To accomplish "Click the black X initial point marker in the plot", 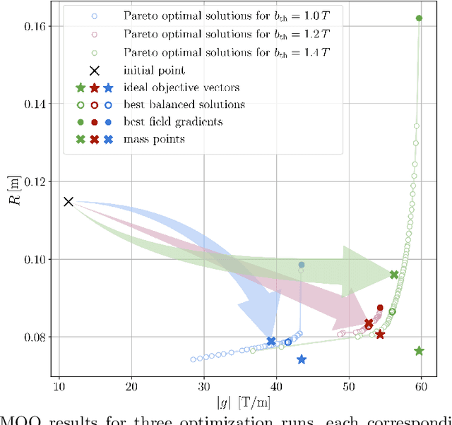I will [x=69, y=202].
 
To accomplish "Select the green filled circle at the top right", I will [x=420, y=18].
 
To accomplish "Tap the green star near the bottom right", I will [x=419, y=351].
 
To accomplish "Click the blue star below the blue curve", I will [x=302, y=359].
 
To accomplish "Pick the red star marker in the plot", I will [x=380, y=335].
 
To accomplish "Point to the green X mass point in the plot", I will [x=394, y=275].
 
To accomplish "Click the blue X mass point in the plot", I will [x=271, y=341].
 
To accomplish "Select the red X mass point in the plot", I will [x=369, y=323].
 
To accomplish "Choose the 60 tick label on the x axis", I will [x=422, y=386].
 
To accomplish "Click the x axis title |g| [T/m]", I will [x=239, y=405].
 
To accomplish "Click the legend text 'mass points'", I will [x=154, y=139].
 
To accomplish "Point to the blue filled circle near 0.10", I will [x=302, y=265].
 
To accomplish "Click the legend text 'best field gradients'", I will [x=173, y=121].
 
